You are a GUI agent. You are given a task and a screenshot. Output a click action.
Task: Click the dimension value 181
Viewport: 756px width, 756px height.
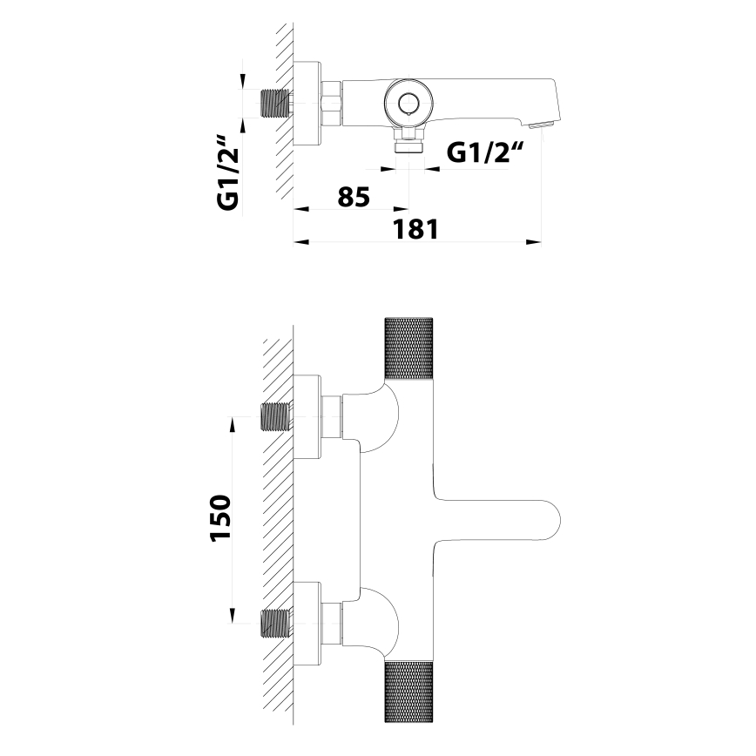pyautogui.click(x=414, y=230)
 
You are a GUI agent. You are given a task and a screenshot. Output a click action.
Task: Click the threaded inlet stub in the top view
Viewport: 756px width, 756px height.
pyautogui.click(x=277, y=104)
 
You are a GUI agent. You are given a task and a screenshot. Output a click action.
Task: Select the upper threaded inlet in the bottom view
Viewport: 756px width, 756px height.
pyautogui.click(x=277, y=418)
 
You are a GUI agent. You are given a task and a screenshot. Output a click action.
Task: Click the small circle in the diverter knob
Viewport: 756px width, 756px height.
pyautogui.click(x=408, y=105)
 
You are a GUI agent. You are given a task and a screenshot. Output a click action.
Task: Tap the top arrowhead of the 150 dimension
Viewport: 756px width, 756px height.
pyautogui.click(x=233, y=424)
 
